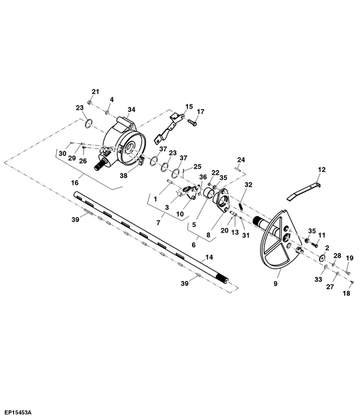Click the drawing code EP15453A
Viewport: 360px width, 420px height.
(x=18, y=412)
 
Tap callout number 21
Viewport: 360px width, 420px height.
(x=95, y=91)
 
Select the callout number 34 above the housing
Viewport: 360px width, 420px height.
(x=131, y=109)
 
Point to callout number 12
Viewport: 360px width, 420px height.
(x=322, y=169)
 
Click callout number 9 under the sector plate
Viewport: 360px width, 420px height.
(x=275, y=283)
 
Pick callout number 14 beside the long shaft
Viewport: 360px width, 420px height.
(x=209, y=257)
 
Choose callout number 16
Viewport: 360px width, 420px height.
(x=75, y=183)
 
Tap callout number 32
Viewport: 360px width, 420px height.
(x=249, y=185)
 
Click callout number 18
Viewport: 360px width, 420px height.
(x=347, y=293)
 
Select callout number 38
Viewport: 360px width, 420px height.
(x=123, y=176)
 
